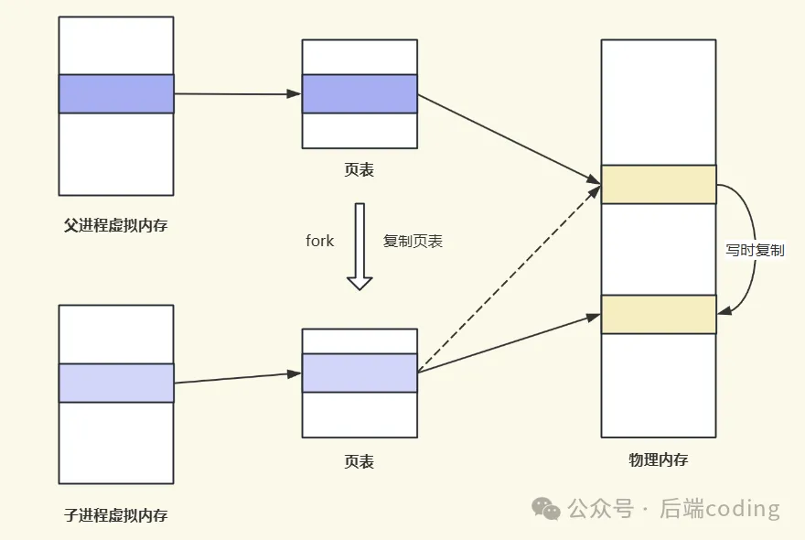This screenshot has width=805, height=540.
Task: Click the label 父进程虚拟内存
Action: [116, 225]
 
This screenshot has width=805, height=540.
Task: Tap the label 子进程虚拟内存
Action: [116, 514]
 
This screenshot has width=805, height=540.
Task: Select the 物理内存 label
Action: [658, 460]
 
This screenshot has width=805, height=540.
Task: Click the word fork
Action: [320, 242]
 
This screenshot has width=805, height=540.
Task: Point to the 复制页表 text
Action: [413, 242]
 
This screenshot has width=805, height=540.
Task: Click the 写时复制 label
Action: [755, 250]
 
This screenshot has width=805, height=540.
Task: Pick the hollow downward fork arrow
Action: [360, 246]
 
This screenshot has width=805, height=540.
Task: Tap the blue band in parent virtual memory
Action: [116, 93]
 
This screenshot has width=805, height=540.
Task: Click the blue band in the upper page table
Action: [360, 93]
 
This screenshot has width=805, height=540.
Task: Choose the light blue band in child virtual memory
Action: [116, 383]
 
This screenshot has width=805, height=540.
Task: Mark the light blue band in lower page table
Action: [360, 373]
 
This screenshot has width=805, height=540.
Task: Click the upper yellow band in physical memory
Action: [658, 184]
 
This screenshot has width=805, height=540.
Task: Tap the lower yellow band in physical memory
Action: [658, 314]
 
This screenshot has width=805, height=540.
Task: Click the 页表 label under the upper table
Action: [360, 170]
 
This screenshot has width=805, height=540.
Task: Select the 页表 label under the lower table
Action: [360, 461]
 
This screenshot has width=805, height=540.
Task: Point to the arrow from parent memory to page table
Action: [238, 93]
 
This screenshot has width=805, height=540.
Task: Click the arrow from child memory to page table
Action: [238, 378]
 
